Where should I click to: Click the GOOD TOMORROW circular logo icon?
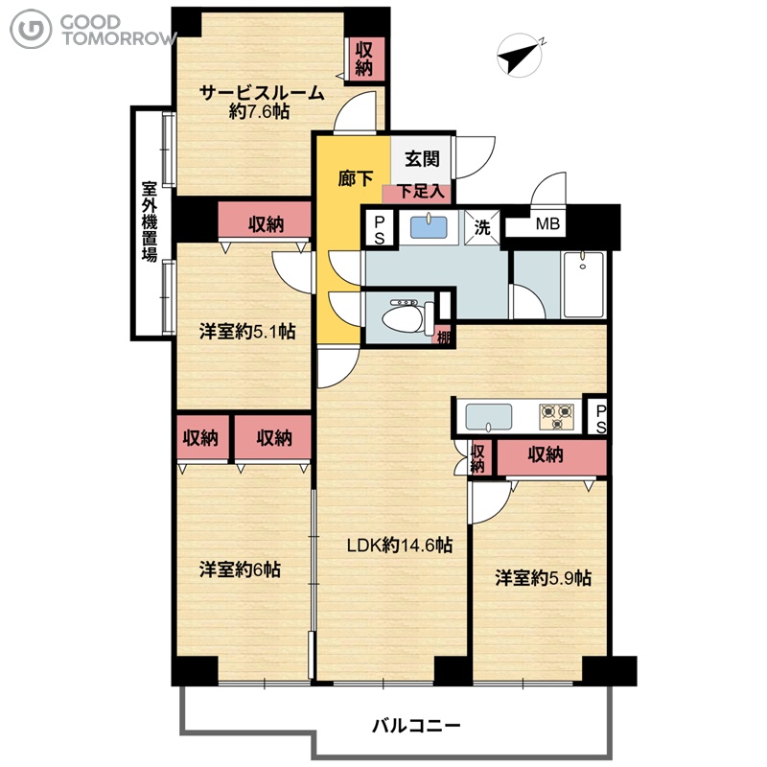(x=31, y=29)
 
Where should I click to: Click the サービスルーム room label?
(x=262, y=92)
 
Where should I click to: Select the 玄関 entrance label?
(x=422, y=158)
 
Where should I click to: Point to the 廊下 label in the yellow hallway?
(x=356, y=178)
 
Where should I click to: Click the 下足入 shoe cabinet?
(x=419, y=193)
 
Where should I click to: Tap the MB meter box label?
(x=547, y=224)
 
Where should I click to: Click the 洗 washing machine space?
(x=482, y=227)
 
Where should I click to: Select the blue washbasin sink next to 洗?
(x=429, y=227)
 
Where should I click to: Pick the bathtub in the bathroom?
(x=584, y=284)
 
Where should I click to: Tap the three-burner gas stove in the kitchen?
(x=557, y=417)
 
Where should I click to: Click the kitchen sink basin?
(x=489, y=417)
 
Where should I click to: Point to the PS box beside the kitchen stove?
(x=600, y=418)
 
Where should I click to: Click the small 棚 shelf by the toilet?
(x=444, y=336)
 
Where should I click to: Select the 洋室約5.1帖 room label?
(x=247, y=332)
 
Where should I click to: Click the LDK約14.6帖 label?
(x=400, y=545)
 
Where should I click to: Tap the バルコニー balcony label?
(x=416, y=725)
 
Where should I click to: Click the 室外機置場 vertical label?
(x=150, y=221)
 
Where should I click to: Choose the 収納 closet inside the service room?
(x=364, y=58)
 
